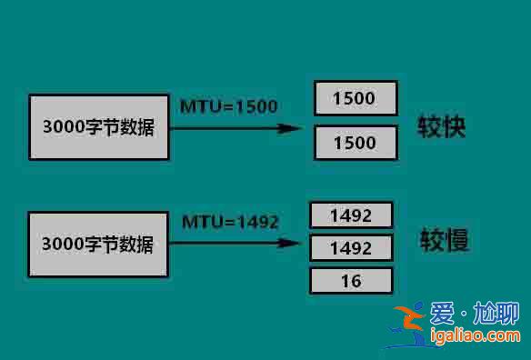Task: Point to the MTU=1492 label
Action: point(230,222)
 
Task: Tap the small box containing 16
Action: point(351,281)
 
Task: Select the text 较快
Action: point(442,126)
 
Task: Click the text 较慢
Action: point(444,241)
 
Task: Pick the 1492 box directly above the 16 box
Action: point(351,247)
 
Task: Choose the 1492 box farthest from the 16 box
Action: point(351,215)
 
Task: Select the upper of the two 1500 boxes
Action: point(355,97)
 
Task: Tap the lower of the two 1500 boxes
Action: point(355,143)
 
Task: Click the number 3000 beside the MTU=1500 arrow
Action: point(64,127)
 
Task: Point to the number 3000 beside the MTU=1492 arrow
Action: point(64,245)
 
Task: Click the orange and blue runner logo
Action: point(409,325)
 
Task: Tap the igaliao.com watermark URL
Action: point(474,339)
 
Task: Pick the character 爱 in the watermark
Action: point(443,315)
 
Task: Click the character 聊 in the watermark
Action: point(505,315)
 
